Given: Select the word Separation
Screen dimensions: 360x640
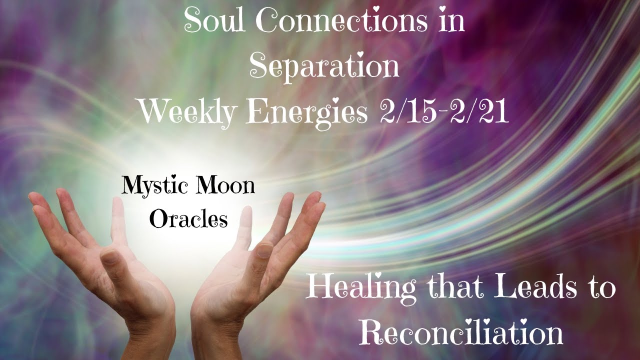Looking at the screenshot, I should tap(324, 66).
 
